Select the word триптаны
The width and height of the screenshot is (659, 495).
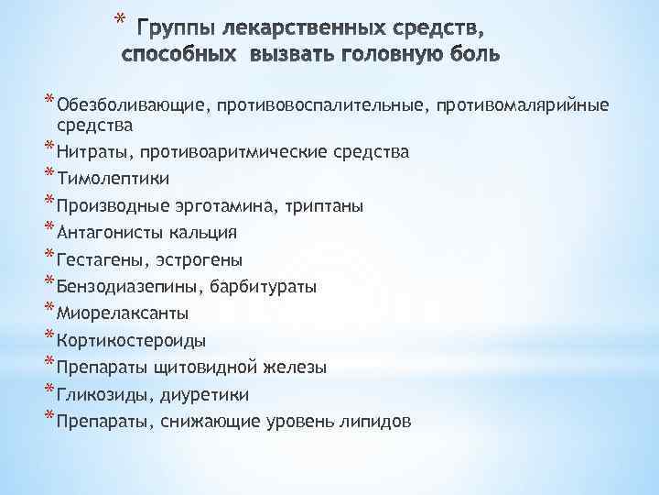328,205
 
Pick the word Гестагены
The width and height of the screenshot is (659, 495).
98,259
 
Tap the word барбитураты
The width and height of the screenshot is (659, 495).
264,287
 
